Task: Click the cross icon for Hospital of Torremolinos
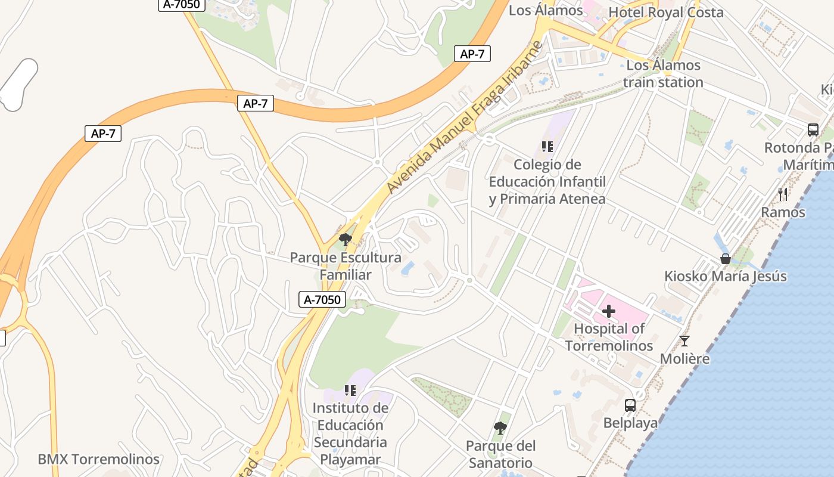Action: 609,311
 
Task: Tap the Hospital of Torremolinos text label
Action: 609,337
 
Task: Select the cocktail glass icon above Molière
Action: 684,341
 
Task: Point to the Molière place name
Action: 684,358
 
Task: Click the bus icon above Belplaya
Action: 630,405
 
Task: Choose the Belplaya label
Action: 630,423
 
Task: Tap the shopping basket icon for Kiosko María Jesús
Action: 726,259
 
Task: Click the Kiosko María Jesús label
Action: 726,276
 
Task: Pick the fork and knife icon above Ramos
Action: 783,194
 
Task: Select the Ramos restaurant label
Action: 783,212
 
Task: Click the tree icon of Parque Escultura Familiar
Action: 345,240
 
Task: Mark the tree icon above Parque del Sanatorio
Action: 500,428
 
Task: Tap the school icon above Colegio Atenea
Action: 547,146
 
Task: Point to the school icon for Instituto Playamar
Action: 350,391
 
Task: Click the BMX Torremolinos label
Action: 98,459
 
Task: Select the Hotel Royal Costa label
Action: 666,13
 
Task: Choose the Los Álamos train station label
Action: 664,73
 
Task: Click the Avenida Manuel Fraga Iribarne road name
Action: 466,117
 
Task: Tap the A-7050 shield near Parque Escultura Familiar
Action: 322,300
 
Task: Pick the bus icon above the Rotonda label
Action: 813,129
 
